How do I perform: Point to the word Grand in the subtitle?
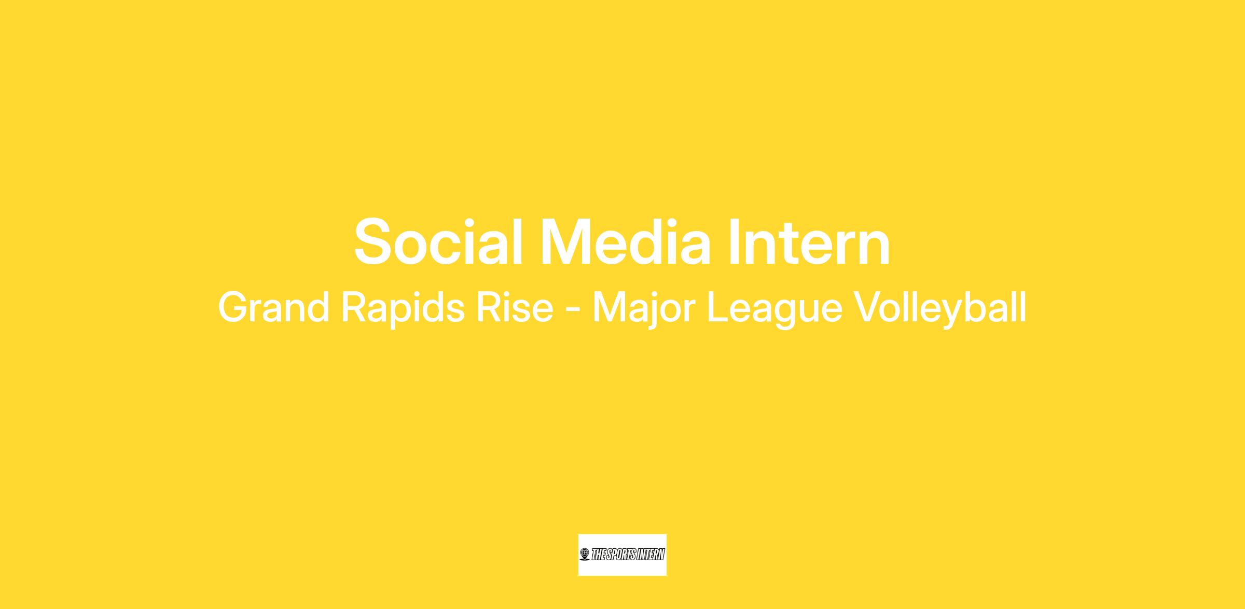273,307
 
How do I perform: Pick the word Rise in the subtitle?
515,307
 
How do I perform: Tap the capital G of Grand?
233,308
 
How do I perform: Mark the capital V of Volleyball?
868,308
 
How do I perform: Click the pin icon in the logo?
585,555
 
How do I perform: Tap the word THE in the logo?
598,555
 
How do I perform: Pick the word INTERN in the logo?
648,555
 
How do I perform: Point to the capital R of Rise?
489,308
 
